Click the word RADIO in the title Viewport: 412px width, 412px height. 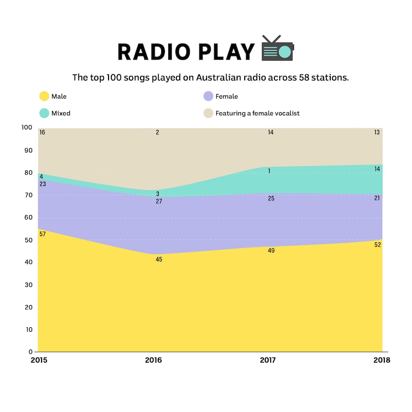(154, 52)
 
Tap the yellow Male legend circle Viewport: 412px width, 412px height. (44, 96)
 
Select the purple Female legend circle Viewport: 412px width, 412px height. (208, 96)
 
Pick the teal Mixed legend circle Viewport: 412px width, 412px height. (44, 113)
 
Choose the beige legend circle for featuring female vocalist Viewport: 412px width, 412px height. (208, 113)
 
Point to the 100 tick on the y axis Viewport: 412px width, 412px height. (27, 128)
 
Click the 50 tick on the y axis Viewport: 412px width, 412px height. (28, 240)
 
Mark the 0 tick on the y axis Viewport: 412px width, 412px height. (31, 352)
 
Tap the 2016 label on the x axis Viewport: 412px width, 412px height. (153, 360)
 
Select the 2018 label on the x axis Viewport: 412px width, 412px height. (382, 360)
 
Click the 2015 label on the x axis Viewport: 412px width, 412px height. (39, 360)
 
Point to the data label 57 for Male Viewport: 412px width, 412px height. (43, 234)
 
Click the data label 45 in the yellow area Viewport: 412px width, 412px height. (159, 260)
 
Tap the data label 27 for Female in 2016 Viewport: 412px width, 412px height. (159, 201)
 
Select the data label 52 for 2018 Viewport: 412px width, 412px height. (378, 245)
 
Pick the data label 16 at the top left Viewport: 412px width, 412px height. (43, 132)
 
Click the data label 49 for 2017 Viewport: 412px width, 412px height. (271, 250)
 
